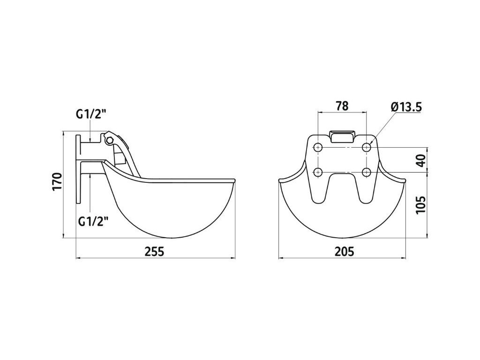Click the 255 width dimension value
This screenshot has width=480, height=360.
pyautogui.click(x=154, y=251)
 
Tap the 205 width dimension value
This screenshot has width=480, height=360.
pyautogui.click(x=344, y=251)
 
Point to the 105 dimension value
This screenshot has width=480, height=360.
pyautogui.click(x=420, y=204)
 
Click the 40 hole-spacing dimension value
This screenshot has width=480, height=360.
pyautogui.click(x=420, y=160)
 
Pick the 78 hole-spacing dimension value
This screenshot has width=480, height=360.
pyautogui.click(x=342, y=106)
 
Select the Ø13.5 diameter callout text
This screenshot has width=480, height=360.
pyautogui.click(x=405, y=107)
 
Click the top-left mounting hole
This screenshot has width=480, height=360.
pyautogui.click(x=318, y=148)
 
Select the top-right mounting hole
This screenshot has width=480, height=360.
pyautogui.click(x=367, y=148)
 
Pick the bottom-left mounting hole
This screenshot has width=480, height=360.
pyautogui.click(x=318, y=171)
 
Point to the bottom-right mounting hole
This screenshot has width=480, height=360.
pyautogui.click(x=367, y=171)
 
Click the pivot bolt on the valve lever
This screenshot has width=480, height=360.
pyautogui.click(x=109, y=140)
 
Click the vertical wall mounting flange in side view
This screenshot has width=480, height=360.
pyautogui.click(x=78, y=169)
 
